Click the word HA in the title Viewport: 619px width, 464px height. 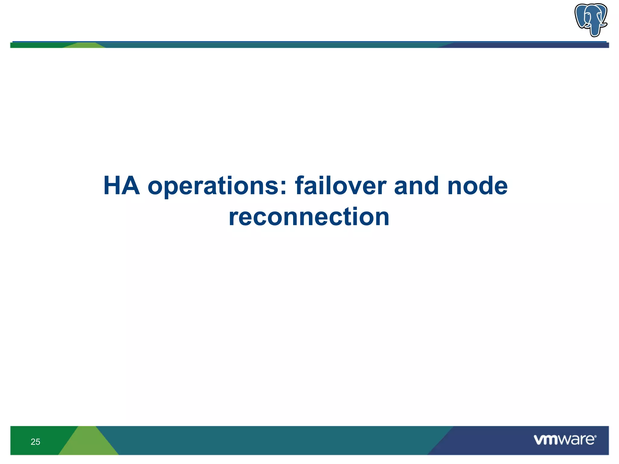pyautogui.click(x=122, y=186)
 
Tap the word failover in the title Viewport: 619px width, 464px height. pyautogui.click(x=341, y=186)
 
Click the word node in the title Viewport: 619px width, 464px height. pyautogui.click(x=477, y=186)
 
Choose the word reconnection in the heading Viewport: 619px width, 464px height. pyautogui.click(x=309, y=217)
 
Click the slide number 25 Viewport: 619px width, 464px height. pyautogui.click(x=35, y=442)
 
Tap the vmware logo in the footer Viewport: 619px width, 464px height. pyautogui.click(x=565, y=440)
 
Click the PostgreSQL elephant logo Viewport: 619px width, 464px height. pyautogui.click(x=591, y=20)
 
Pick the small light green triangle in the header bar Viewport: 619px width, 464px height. pyautogui.click(x=85, y=45)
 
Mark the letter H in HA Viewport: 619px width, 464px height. pyautogui.click(x=113, y=186)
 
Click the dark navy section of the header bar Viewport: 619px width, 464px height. pyautogui.click(x=529, y=45)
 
